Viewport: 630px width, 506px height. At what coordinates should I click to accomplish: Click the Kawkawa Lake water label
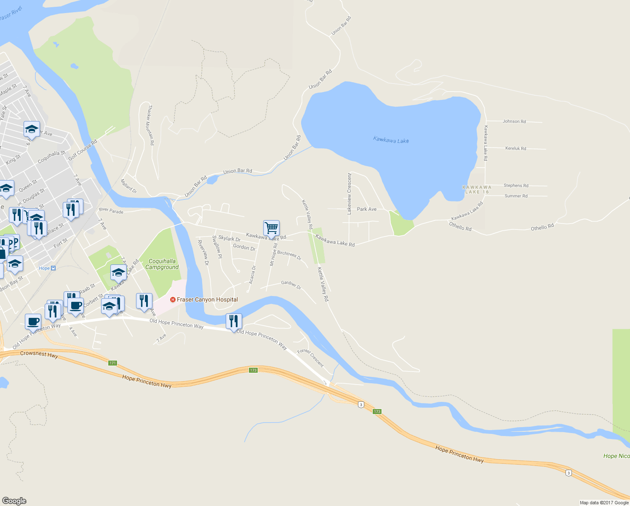pyautogui.click(x=391, y=140)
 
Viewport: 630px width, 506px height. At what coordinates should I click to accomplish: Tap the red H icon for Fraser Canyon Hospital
pyautogui.click(x=173, y=300)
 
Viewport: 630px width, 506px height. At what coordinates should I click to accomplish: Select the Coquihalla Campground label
pyautogui.click(x=162, y=264)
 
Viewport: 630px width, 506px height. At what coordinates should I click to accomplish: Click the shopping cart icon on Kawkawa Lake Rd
pyautogui.click(x=271, y=228)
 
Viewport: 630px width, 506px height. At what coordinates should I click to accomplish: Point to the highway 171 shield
pyautogui.click(x=112, y=363)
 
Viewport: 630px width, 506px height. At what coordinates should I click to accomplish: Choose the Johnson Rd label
pyautogui.click(x=514, y=121)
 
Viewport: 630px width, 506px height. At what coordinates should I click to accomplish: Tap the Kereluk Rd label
pyautogui.click(x=515, y=148)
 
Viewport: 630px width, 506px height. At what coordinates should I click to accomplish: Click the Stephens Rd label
pyautogui.click(x=516, y=186)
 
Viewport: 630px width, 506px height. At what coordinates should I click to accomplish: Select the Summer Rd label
pyautogui.click(x=516, y=196)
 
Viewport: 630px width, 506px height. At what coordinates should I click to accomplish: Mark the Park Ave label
pyautogui.click(x=367, y=209)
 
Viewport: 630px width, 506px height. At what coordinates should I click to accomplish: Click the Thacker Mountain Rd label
pyautogui.click(x=150, y=125)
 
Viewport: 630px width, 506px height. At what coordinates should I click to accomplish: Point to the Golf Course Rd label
pyautogui.click(x=83, y=150)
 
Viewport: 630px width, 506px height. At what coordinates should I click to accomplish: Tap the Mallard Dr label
pyautogui.click(x=129, y=186)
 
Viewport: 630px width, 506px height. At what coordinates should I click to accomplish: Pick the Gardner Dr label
pyautogui.click(x=291, y=285)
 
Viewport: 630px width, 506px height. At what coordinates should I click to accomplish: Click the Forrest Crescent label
pyautogui.click(x=311, y=358)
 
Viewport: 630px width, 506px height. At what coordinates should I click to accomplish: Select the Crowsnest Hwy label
pyautogui.click(x=39, y=354)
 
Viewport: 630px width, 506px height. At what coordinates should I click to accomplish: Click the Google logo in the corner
pyautogui.click(x=14, y=501)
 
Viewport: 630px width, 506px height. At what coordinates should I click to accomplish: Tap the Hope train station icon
pyautogui.click(x=53, y=268)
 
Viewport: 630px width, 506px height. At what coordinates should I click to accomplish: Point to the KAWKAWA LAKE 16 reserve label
pyautogui.click(x=477, y=189)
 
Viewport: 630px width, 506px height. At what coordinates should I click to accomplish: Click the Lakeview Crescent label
pyautogui.click(x=349, y=194)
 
